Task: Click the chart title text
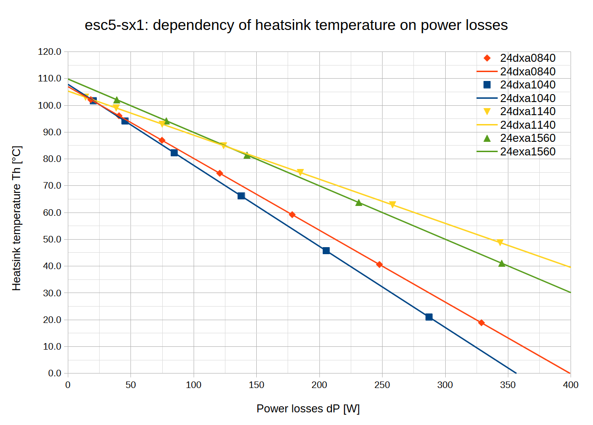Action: tap(296, 25)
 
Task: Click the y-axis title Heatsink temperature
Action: tap(17, 217)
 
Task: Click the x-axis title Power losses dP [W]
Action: tap(308, 409)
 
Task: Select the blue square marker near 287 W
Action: tap(429, 317)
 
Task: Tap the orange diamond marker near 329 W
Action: tap(481, 322)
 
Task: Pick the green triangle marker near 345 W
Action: tap(502, 264)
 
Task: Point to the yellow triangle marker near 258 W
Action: tap(392, 205)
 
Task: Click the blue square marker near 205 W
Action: tap(326, 250)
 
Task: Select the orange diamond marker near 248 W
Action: tap(379, 264)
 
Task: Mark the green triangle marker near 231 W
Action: tap(359, 203)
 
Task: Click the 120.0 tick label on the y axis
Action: tap(50, 52)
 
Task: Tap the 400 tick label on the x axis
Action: tap(571, 385)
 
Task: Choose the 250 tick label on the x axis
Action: tap(382, 385)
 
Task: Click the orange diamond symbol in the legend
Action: tap(487, 58)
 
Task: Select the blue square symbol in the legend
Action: tap(487, 85)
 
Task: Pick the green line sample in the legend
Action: tap(487, 152)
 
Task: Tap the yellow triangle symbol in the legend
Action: tap(487, 111)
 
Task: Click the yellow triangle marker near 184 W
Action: tap(300, 172)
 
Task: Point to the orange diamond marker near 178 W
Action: tap(292, 214)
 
